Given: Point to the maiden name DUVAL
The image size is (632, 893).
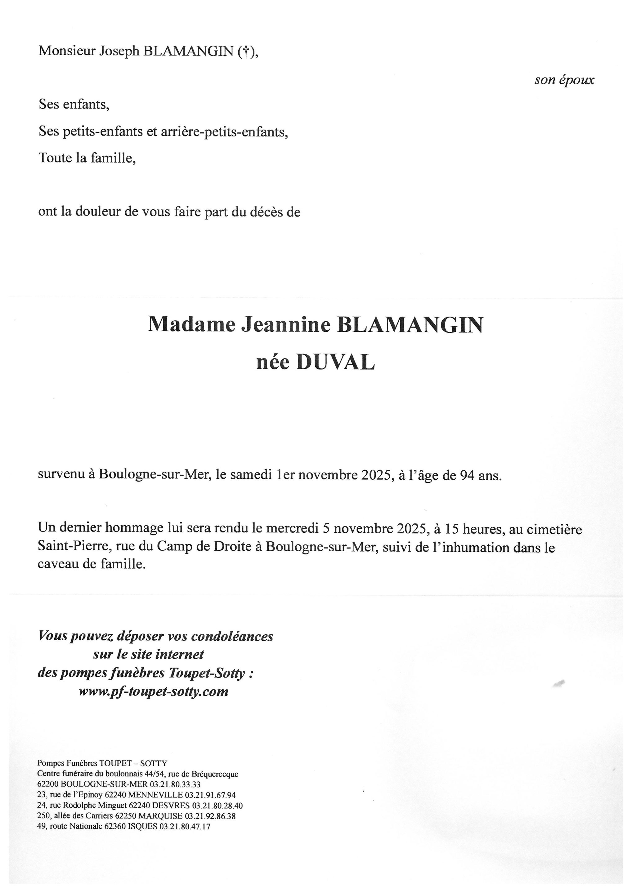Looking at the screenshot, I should pyautogui.click(x=335, y=362).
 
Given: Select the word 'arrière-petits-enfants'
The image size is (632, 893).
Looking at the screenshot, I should pyautogui.click(x=224, y=132).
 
